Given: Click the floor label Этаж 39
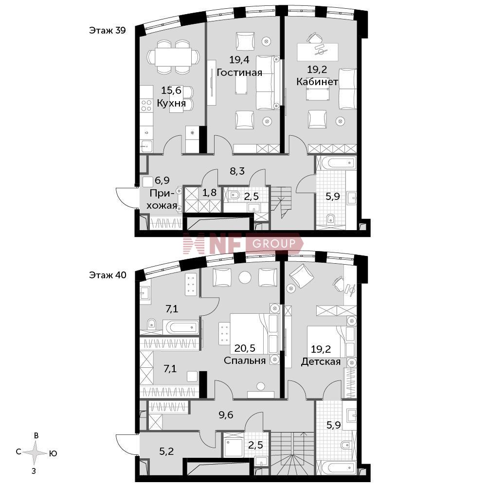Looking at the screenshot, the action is tap(108, 31).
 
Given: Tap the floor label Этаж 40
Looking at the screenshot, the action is tap(108, 275).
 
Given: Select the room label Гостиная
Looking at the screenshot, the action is tap(239, 72).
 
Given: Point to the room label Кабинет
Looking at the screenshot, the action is tap(317, 82).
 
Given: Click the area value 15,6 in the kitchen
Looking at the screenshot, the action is tap(171, 90).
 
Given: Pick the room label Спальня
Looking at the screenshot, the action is tap(245, 361).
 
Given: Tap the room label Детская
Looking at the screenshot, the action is tap(321, 361).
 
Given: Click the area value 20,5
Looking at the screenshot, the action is tap(245, 348).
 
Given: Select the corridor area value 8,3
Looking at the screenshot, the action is tap(237, 171).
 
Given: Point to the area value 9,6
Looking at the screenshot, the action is tap(226, 415).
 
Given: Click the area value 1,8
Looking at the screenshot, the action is tap(210, 193).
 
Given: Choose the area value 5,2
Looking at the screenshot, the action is tap(166, 451).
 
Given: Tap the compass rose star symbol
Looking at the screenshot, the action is tap(36, 453).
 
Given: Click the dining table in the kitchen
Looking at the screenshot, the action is tap(173, 56).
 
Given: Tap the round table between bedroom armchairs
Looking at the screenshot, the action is tap(245, 277).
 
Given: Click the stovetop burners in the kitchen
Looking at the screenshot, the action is tap(146, 105).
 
